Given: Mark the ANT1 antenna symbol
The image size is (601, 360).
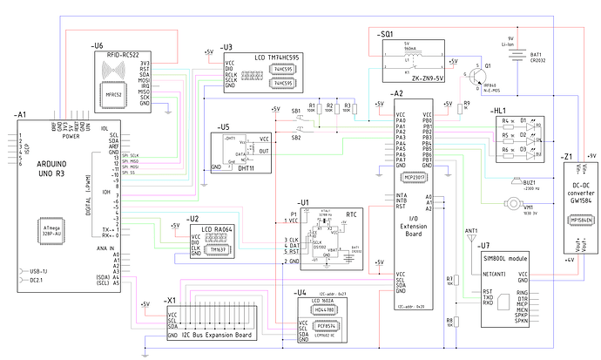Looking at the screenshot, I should pyautogui.click(x=471, y=239).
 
